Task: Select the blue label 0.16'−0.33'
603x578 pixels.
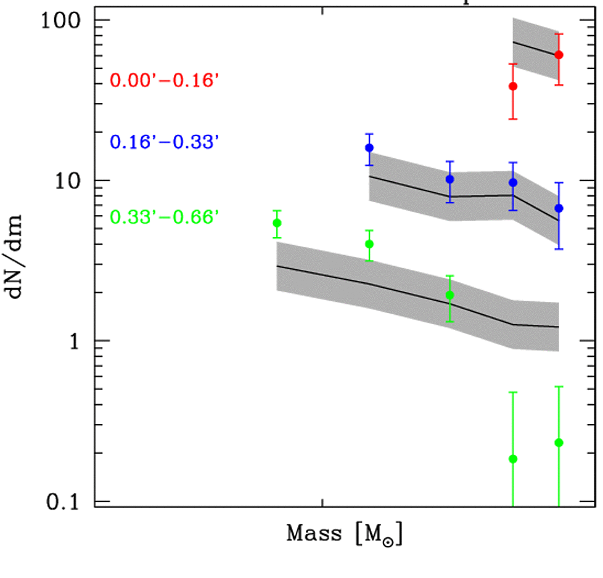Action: tap(165, 142)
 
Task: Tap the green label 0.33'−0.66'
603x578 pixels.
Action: tap(165, 217)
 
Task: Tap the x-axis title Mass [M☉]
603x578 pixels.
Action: tap(344, 534)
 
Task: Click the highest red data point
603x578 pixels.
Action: tap(559, 55)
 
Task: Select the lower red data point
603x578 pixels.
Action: tap(513, 86)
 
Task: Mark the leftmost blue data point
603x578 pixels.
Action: tap(369, 148)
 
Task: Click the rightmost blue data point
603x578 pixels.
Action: tap(559, 208)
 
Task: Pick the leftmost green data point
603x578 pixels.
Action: tap(277, 223)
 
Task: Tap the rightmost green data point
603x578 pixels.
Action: tap(559, 442)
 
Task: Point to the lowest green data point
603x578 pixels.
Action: tap(513, 458)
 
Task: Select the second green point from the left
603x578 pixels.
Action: tap(369, 244)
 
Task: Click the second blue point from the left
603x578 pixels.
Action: tap(449, 179)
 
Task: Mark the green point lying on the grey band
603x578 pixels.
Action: tap(449, 295)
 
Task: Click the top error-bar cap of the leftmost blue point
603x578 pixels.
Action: tap(369, 134)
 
